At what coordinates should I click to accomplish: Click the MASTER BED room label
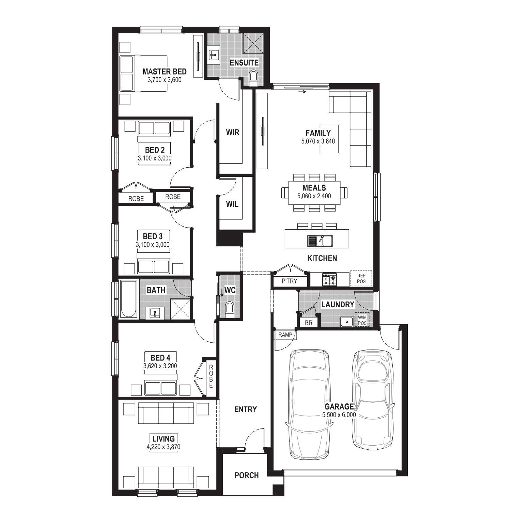(165, 72)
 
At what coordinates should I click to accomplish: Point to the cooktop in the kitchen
(329, 280)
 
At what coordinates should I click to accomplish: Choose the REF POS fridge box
(361, 279)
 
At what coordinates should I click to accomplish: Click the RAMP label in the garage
(285, 335)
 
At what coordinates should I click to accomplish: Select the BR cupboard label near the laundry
(309, 323)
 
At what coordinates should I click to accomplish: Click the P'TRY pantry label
(290, 281)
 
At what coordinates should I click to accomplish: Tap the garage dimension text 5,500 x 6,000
(339, 415)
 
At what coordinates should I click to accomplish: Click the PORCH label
(247, 475)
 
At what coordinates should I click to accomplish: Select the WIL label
(232, 204)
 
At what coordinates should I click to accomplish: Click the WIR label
(233, 132)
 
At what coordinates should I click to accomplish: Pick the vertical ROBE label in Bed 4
(211, 376)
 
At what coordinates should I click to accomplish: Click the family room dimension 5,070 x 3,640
(318, 141)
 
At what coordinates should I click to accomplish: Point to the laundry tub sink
(347, 321)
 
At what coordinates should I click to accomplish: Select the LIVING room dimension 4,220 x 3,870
(164, 447)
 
